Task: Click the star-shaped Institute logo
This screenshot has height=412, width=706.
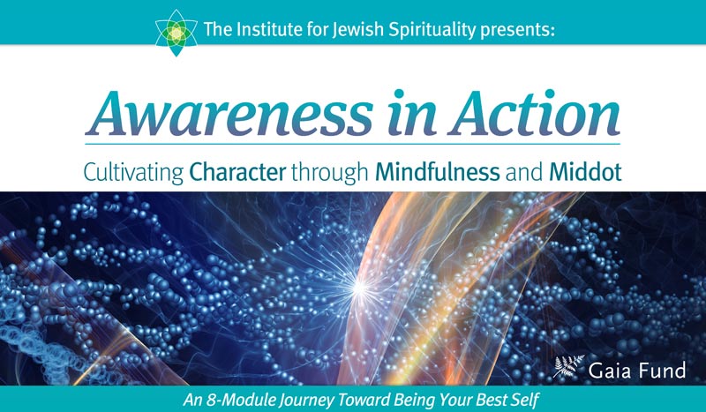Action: click(176, 33)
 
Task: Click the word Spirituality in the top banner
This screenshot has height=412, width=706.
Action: click(432, 31)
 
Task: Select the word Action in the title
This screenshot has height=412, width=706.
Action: click(535, 113)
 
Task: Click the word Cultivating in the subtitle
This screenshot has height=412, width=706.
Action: click(133, 172)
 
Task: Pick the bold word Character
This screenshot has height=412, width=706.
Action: click(237, 171)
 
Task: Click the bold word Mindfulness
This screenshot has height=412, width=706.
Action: click(437, 171)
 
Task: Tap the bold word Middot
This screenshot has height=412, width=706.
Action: click(585, 171)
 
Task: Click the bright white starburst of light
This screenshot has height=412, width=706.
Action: click(359, 287)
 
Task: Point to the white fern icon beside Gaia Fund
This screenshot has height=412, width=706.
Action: click(568, 366)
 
